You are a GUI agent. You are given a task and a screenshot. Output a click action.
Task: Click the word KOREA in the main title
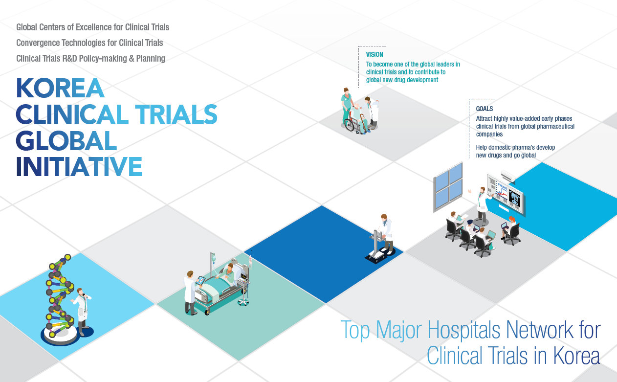pos(60,88)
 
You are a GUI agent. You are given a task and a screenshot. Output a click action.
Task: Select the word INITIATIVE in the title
pos(79,166)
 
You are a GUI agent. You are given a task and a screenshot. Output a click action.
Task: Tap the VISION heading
pos(375,55)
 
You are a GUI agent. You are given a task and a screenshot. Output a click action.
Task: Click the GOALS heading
pos(484,109)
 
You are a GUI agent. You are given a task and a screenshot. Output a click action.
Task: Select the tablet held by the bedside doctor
pos(200,281)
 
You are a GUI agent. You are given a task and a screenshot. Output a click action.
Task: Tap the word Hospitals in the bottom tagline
pos(463,330)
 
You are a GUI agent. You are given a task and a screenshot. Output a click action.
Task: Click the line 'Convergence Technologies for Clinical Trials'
pos(89,43)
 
